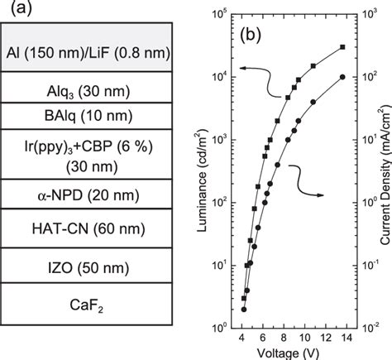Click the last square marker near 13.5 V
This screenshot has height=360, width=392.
pyautogui.click(x=342, y=47)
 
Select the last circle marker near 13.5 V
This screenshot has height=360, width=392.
pyautogui.click(x=342, y=77)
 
